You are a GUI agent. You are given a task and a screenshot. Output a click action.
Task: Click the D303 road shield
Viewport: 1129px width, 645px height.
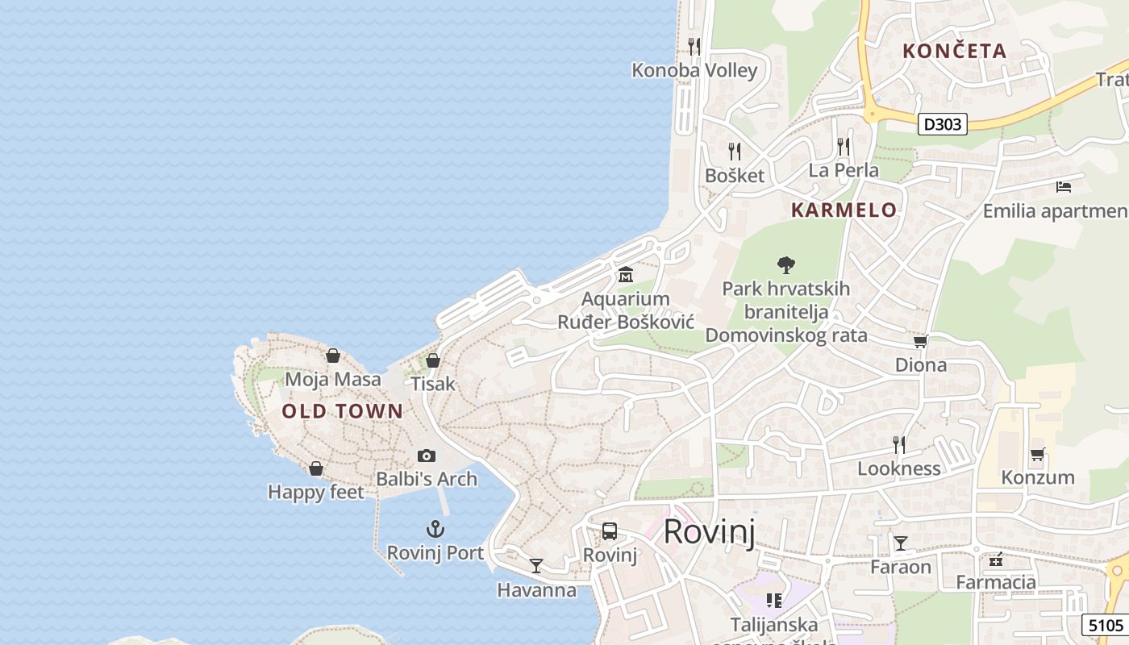pyautogui.click(x=942, y=124)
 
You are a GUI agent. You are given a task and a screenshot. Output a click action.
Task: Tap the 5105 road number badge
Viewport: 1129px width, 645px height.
pyautogui.click(x=1105, y=625)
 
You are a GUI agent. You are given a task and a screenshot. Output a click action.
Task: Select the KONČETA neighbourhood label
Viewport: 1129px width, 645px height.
pyautogui.click(x=955, y=51)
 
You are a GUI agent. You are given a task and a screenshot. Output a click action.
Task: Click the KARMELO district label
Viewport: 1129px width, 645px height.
pyautogui.click(x=844, y=210)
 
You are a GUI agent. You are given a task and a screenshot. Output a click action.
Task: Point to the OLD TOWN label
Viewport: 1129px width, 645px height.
pyautogui.click(x=342, y=411)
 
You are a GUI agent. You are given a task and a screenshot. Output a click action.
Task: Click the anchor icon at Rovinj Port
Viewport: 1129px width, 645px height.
pyautogui.click(x=435, y=530)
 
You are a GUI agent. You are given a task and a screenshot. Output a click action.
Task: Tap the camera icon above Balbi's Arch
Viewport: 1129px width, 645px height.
pyautogui.click(x=427, y=456)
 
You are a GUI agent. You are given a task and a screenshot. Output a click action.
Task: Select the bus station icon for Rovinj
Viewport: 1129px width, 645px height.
pyautogui.click(x=610, y=531)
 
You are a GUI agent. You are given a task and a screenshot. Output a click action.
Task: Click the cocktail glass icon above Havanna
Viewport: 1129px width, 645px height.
pyautogui.click(x=536, y=566)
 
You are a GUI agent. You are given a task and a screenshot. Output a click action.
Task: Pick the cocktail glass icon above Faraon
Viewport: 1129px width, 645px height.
pyautogui.click(x=901, y=543)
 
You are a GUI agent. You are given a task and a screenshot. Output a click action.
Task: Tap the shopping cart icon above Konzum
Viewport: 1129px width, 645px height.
pyautogui.click(x=1037, y=455)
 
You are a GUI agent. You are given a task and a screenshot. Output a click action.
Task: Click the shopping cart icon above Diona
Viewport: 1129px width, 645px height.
pyautogui.click(x=921, y=342)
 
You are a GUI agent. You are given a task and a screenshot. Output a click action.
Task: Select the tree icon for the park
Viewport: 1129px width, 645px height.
pyautogui.click(x=786, y=264)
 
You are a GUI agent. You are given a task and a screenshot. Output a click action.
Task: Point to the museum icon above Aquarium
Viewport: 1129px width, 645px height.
pyautogui.click(x=625, y=275)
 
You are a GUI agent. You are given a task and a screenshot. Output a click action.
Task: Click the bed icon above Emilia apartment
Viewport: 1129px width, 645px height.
pyautogui.click(x=1064, y=187)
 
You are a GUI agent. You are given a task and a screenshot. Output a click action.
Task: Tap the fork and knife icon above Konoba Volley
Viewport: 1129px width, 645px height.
pyautogui.click(x=694, y=47)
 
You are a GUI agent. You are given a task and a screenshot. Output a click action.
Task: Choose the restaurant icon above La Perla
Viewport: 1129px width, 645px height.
pyautogui.click(x=844, y=147)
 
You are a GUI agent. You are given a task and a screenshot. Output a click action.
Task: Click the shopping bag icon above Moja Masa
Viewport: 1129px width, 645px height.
pyautogui.click(x=333, y=356)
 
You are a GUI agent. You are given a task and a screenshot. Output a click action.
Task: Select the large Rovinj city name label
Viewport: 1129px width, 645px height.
pyautogui.click(x=709, y=532)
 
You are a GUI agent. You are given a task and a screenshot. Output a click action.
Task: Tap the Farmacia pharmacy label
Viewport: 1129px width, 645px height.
pyautogui.click(x=996, y=582)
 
